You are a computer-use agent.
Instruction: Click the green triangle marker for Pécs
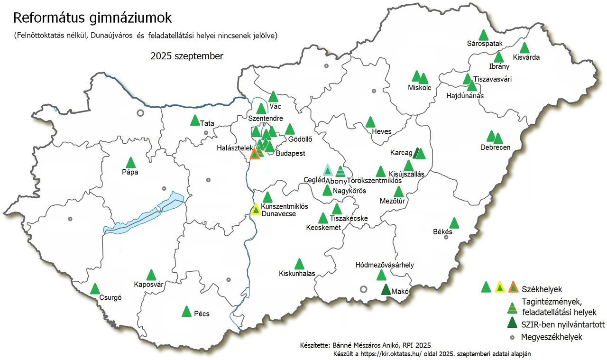click(187, 312)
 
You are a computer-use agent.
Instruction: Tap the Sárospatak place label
click(484, 44)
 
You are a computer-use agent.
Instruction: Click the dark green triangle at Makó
click(386, 290)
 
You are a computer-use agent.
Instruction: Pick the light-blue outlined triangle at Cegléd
click(327, 170)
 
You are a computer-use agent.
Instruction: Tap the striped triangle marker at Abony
click(340, 171)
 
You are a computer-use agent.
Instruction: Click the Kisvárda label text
click(526, 57)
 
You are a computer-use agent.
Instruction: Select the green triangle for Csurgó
click(95, 289)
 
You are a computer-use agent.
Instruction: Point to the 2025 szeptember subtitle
click(187, 56)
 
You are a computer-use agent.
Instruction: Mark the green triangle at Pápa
click(130, 163)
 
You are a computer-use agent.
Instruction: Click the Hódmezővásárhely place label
click(385, 265)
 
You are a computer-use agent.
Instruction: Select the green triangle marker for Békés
click(454, 223)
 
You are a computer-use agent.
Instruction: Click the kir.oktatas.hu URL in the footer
click(394, 353)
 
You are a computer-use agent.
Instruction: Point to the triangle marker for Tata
click(194, 120)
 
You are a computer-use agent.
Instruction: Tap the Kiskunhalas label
click(297, 274)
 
